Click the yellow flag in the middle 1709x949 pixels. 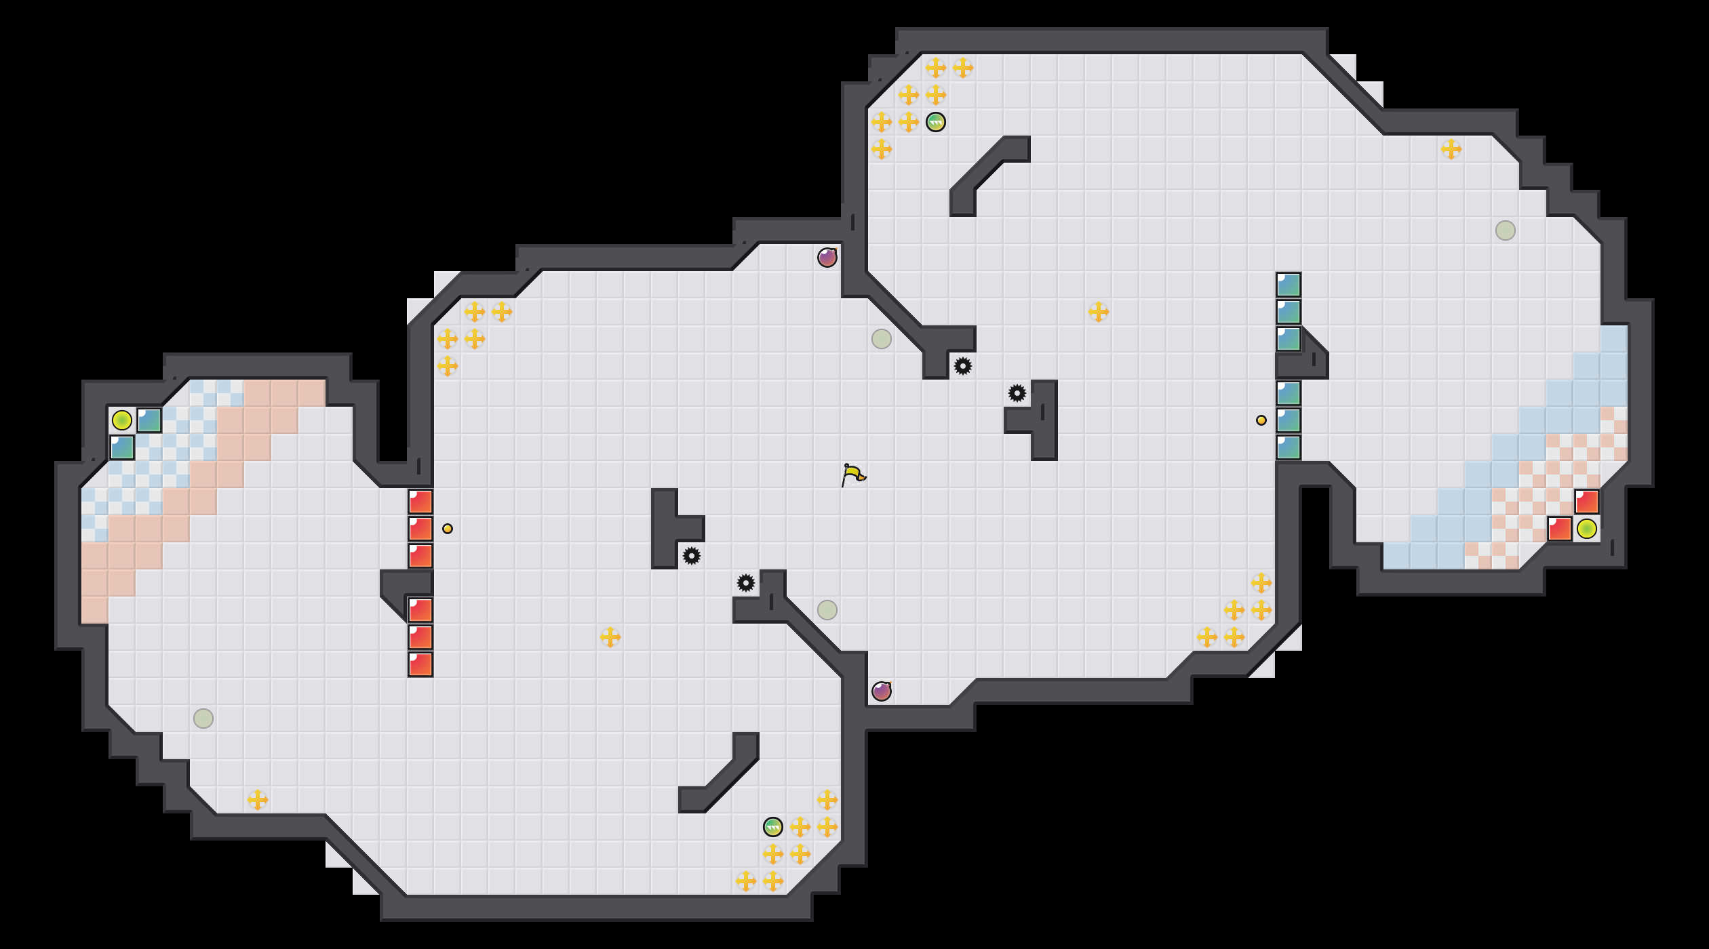click(853, 474)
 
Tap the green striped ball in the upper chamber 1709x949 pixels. click(936, 122)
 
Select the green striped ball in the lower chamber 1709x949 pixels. click(773, 827)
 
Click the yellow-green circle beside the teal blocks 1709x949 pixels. click(122, 420)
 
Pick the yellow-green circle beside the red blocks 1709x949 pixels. click(1587, 529)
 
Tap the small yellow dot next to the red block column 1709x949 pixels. click(448, 529)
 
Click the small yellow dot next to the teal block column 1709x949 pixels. click(1261, 420)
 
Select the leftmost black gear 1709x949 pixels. click(692, 556)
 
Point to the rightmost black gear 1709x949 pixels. click(1017, 393)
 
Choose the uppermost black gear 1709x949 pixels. click(963, 366)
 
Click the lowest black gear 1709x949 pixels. click(746, 583)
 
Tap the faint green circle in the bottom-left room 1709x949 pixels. click(203, 719)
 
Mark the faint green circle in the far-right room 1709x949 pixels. click(1506, 230)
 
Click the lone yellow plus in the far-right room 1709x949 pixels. click(1451, 149)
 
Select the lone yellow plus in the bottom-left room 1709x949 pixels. click(258, 800)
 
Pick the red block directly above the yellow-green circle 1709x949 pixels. click(1587, 502)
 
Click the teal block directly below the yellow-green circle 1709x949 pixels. click(122, 447)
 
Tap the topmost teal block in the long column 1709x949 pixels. click(1289, 285)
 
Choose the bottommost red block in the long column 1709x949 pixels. click(420, 664)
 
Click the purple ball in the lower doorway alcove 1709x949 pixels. click(882, 691)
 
